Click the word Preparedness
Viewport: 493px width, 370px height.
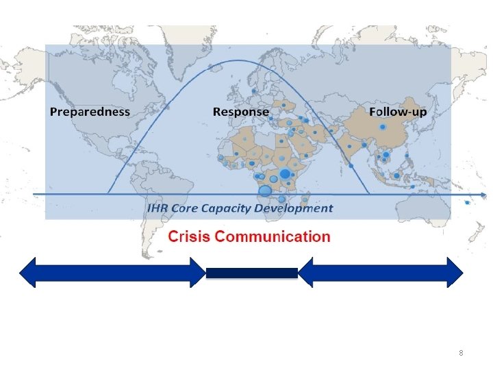pyautogui.click(x=89, y=112)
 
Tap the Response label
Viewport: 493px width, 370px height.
pyautogui.click(x=240, y=112)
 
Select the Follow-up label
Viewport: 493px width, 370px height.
pyautogui.click(x=396, y=112)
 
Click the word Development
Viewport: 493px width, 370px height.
pyautogui.click(x=296, y=208)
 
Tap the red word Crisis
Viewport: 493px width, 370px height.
pyautogui.click(x=189, y=237)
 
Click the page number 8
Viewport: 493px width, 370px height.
pyautogui.click(x=461, y=353)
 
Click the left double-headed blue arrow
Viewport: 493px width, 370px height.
pyautogui.click(x=112, y=272)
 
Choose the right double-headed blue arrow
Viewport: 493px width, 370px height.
pyautogui.click(x=381, y=272)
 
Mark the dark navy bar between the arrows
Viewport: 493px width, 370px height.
pyautogui.click(x=252, y=273)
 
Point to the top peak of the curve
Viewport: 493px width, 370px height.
pyautogui.click(x=238, y=61)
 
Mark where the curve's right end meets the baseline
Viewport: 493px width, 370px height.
pyautogui.click(x=370, y=195)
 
